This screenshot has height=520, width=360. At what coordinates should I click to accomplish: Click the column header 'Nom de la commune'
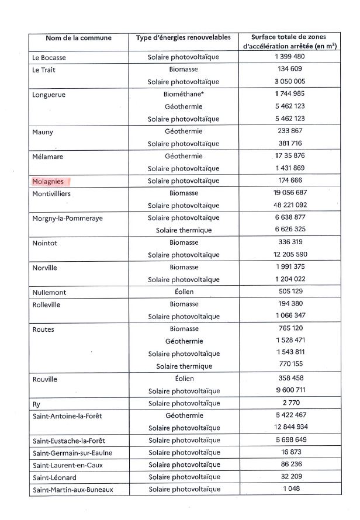tap(78, 38)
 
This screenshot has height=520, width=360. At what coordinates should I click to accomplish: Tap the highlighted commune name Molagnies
tap(49, 181)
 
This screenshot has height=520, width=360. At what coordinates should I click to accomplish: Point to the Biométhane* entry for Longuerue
tap(184, 93)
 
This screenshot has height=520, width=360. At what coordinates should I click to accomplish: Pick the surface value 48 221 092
tap(289, 205)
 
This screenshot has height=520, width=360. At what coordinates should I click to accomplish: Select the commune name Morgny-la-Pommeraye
tap(67, 218)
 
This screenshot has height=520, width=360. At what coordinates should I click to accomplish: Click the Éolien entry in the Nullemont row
tap(184, 292)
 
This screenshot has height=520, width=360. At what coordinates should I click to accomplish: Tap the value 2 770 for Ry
tap(289, 403)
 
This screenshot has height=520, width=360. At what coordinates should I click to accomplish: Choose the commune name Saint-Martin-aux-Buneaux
tap(72, 489)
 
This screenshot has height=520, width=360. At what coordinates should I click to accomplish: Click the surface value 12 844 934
tap(289, 427)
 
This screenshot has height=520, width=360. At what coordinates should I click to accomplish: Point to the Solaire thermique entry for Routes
tap(184, 366)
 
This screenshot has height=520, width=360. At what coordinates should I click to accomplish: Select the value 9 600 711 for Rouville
tap(289, 390)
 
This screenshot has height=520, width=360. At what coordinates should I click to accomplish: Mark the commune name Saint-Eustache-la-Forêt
tap(69, 440)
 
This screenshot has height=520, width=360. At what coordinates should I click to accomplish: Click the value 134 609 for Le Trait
tap(289, 69)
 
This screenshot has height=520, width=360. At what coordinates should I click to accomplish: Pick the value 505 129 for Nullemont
tap(289, 292)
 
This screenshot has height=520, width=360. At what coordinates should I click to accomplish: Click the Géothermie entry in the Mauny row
tap(184, 131)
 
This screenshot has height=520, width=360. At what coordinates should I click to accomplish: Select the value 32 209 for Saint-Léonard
tap(289, 477)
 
